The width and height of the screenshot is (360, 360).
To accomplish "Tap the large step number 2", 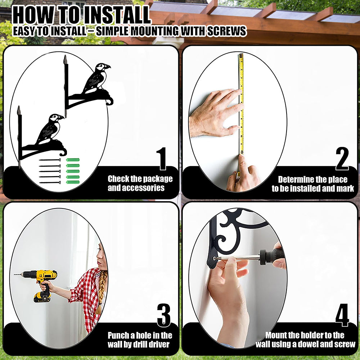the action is pos(342,158).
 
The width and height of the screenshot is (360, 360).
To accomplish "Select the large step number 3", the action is pos(164,315).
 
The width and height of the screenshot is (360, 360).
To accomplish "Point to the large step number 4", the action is pos(342,315).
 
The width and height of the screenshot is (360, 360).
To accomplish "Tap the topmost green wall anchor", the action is pos(73,160).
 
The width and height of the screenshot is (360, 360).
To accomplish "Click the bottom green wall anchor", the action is pos(73,182).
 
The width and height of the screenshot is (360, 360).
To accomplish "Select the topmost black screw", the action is pos(50,160).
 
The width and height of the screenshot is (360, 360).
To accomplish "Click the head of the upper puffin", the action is pos(102,67).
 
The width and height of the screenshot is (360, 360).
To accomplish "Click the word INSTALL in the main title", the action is pos(117,15).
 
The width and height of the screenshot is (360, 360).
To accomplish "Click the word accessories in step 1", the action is pos(143,188).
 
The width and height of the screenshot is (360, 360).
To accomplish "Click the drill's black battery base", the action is pos(42,297).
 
